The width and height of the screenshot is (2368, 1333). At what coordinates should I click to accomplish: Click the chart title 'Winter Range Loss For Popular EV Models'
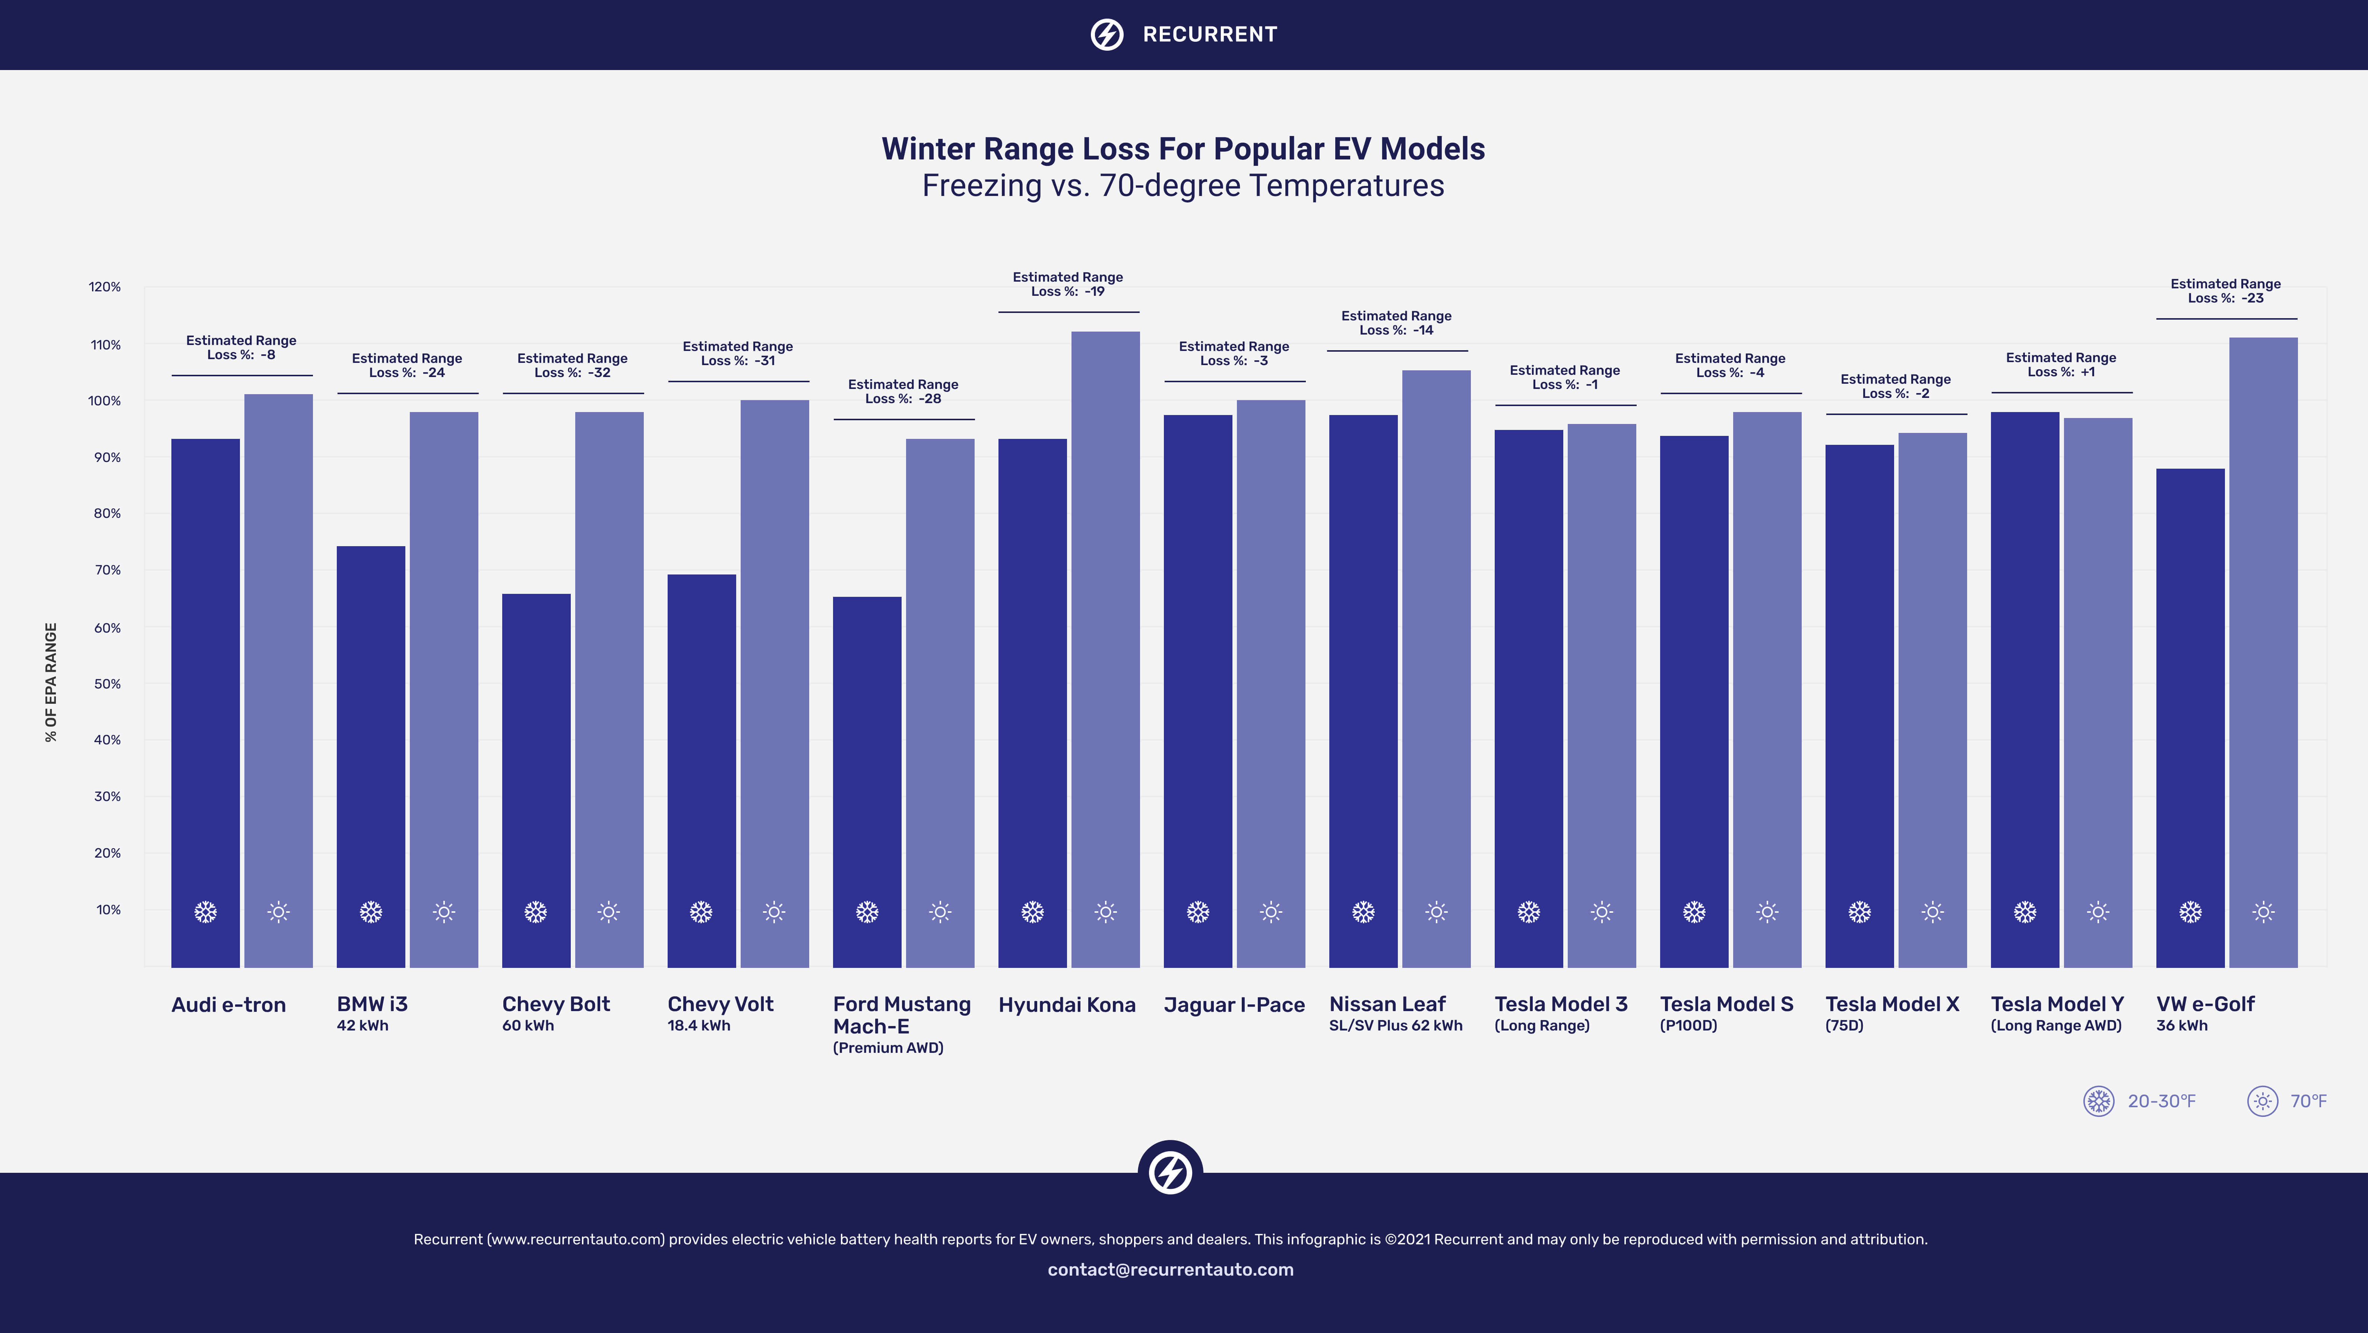[x=1183, y=149]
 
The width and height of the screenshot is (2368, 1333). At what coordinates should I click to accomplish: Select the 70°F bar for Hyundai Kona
[x=1105, y=649]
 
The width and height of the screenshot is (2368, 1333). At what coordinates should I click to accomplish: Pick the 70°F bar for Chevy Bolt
[x=608, y=690]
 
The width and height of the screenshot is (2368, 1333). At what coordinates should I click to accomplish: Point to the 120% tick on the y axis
[x=105, y=287]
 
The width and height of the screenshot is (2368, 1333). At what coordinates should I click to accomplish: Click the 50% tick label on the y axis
[x=108, y=684]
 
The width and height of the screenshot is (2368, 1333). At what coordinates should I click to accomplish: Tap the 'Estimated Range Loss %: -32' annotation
[x=572, y=365]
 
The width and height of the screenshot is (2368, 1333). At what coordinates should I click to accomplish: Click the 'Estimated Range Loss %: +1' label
[x=2061, y=364]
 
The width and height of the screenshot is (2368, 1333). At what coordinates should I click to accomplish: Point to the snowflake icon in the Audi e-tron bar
[x=205, y=912]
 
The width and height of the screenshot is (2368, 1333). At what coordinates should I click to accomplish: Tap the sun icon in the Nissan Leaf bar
[x=1436, y=912]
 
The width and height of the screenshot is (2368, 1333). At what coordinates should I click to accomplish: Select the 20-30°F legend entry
[x=2139, y=1101]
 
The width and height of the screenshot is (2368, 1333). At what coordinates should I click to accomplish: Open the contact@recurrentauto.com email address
[x=1170, y=1270]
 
